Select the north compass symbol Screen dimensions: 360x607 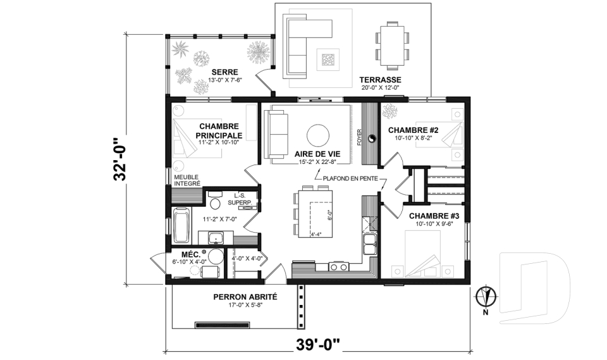(486, 295)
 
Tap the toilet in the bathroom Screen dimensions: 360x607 (214, 203)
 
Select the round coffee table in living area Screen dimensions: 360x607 (317, 135)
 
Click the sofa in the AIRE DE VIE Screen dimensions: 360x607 (276, 134)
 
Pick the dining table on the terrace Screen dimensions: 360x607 (389, 46)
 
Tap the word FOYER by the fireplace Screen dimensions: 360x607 (359, 137)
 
